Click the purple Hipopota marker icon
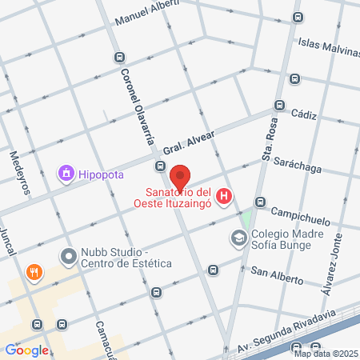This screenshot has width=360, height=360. (x=65, y=172)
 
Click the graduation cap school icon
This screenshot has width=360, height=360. (x=238, y=238)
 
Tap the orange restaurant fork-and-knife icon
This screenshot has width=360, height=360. (x=34, y=272)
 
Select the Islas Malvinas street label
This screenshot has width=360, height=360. (x=328, y=46)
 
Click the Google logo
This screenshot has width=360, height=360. (x=26, y=350)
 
